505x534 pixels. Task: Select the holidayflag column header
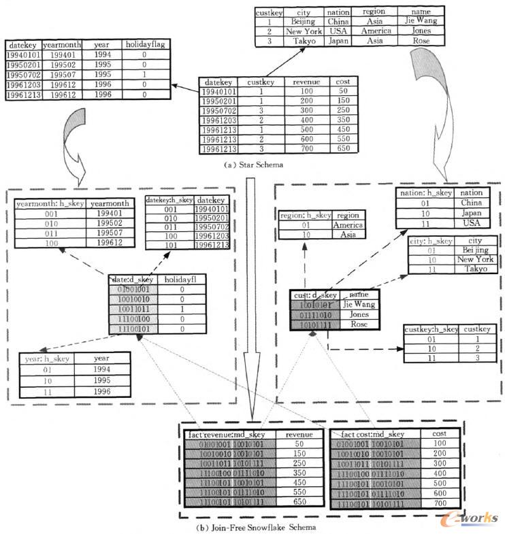(144, 45)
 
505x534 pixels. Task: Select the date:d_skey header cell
(133, 280)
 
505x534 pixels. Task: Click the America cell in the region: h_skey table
(348, 224)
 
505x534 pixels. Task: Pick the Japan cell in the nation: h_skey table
(471, 212)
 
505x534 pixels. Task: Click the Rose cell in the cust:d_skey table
(359, 324)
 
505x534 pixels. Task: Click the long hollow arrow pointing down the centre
(251, 299)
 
